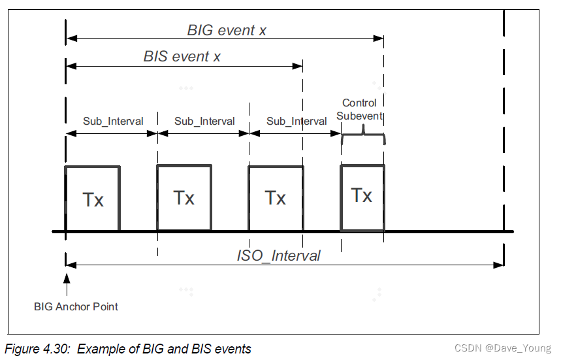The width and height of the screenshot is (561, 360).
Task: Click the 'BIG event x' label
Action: pos(226,30)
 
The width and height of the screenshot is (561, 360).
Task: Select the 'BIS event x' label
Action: pos(182,57)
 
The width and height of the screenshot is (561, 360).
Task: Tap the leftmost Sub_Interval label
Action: pos(112,122)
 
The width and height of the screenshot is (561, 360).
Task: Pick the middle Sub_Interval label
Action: pos(204,122)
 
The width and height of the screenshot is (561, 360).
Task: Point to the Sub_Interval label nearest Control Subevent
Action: pos(297,122)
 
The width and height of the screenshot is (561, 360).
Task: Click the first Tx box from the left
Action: pos(92,199)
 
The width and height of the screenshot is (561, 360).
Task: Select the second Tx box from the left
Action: pos(184,198)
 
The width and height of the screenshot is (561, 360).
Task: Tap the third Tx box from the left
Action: pos(276,198)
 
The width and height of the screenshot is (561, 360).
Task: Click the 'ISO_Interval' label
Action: pos(278,255)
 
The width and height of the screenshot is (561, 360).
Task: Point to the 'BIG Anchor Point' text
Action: pos(76,306)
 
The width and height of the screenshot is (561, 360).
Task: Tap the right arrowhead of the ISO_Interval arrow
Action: pos(499,265)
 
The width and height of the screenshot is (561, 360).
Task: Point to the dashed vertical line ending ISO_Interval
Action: pos(504,131)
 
